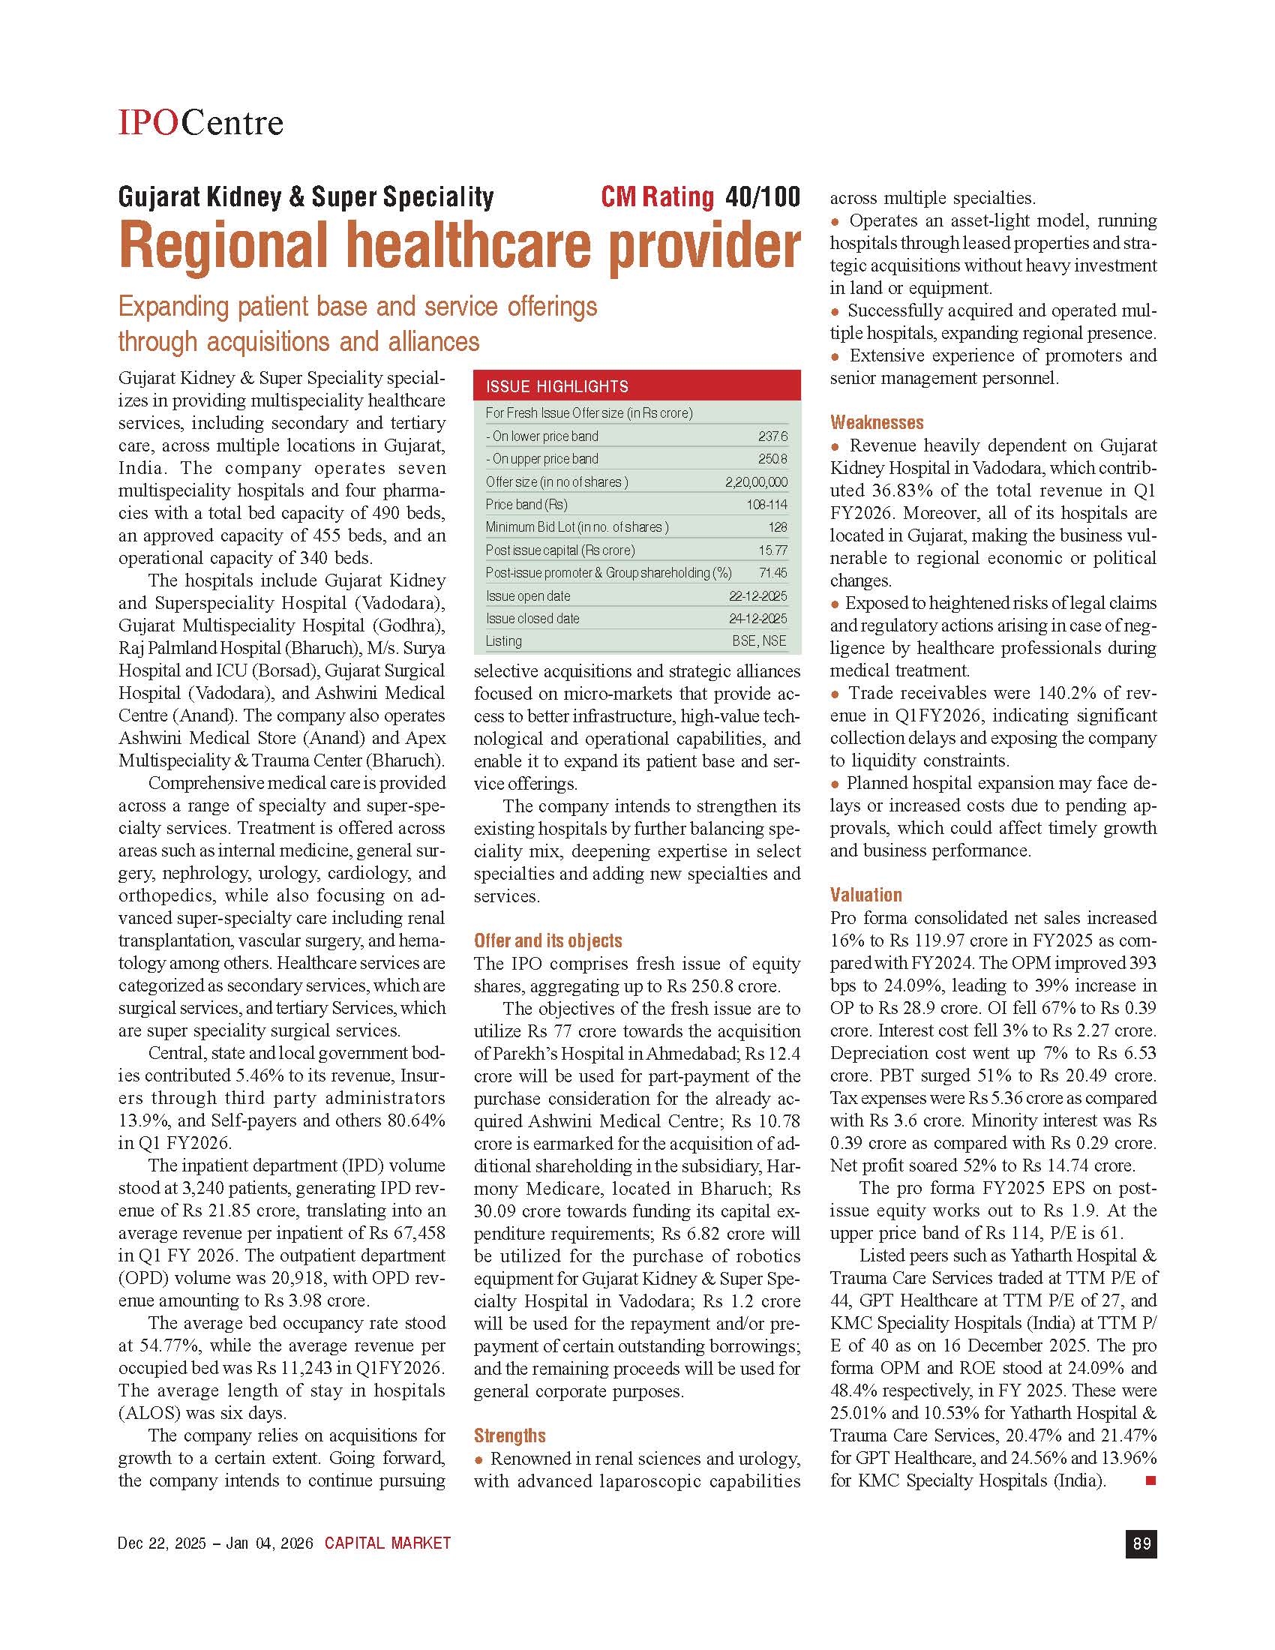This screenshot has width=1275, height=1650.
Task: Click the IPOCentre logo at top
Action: click(x=200, y=121)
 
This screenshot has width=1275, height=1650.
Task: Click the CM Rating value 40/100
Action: click(x=761, y=197)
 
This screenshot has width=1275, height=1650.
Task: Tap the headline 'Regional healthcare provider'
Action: click(x=459, y=244)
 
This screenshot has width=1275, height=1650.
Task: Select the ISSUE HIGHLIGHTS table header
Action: click(x=636, y=386)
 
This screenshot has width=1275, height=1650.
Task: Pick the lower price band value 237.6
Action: click(x=772, y=436)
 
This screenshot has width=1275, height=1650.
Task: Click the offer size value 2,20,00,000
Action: click(x=756, y=482)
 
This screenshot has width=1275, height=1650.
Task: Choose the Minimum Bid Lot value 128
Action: click(x=777, y=527)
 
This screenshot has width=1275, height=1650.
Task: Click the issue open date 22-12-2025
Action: click(x=757, y=596)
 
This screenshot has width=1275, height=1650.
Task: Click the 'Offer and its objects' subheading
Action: click(x=547, y=940)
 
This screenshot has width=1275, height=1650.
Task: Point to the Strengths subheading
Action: click(x=509, y=1435)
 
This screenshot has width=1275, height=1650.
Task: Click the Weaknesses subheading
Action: click(x=876, y=422)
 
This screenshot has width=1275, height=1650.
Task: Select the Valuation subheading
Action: click(x=865, y=895)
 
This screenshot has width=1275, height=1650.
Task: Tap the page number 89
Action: click(x=1141, y=1543)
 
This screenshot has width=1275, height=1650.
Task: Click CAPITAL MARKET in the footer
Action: click(x=388, y=1543)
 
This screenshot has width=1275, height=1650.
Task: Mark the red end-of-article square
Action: click(x=1150, y=1480)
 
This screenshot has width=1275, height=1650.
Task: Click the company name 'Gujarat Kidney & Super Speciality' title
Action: click(x=306, y=197)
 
